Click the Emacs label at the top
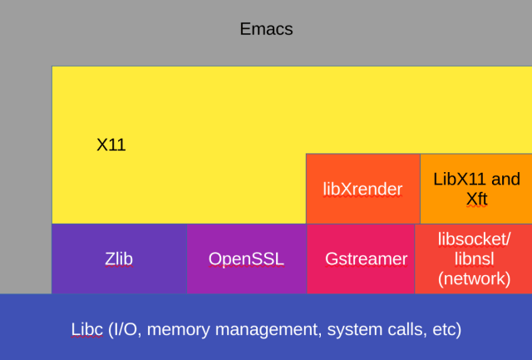pyautogui.click(x=266, y=29)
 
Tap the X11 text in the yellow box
pyautogui.click(x=111, y=145)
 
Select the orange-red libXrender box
pyautogui.click(x=363, y=189)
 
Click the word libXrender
pyautogui.click(x=362, y=189)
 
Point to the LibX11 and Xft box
pyautogui.click(x=476, y=189)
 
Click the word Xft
pyautogui.click(x=476, y=200)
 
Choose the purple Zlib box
pyautogui.click(x=119, y=259)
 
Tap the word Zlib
pyautogui.click(x=119, y=259)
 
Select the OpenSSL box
pyautogui.click(x=247, y=259)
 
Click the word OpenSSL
pyautogui.click(x=246, y=259)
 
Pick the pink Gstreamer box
pyautogui.click(x=361, y=259)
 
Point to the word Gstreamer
pyautogui.click(x=366, y=259)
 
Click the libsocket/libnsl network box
pyautogui.click(x=473, y=259)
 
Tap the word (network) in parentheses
pyautogui.click(x=475, y=279)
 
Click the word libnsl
pyautogui.click(x=475, y=259)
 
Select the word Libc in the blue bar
pyautogui.click(x=86, y=329)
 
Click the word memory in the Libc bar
pyautogui.click(x=179, y=330)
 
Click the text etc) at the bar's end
pyautogui.click(x=447, y=330)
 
